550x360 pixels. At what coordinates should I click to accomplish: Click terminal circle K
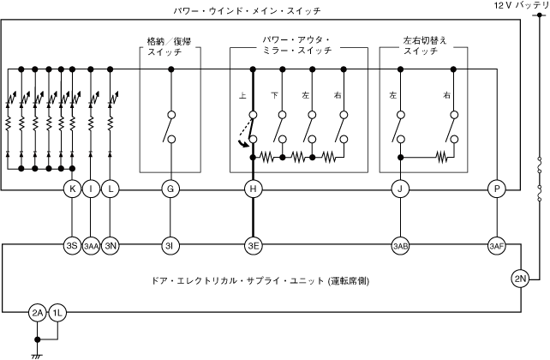click(x=72, y=189)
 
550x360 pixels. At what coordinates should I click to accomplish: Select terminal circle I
click(x=91, y=189)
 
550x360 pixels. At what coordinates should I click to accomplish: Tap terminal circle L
click(x=110, y=189)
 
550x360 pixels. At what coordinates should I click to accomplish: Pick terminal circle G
click(x=170, y=189)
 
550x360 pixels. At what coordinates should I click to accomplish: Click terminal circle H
click(x=252, y=189)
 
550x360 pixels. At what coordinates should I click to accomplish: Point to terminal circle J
click(x=400, y=189)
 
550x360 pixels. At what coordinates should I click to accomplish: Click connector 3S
click(x=72, y=246)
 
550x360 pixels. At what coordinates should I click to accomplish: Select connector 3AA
click(x=91, y=246)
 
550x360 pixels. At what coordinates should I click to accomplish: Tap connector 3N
click(x=110, y=246)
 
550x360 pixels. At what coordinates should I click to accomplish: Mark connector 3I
click(x=170, y=246)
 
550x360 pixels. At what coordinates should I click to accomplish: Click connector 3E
click(x=252, y=246)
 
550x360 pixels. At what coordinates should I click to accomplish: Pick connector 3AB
click(x=400, y=246)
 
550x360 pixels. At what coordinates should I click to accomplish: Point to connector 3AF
click(x=496, y=246)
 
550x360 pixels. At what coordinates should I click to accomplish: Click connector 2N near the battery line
click(x=519, y=278)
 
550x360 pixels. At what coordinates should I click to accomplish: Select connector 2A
click(x=38, y=313)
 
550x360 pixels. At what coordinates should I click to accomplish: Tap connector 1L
click(x=57, y=313)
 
